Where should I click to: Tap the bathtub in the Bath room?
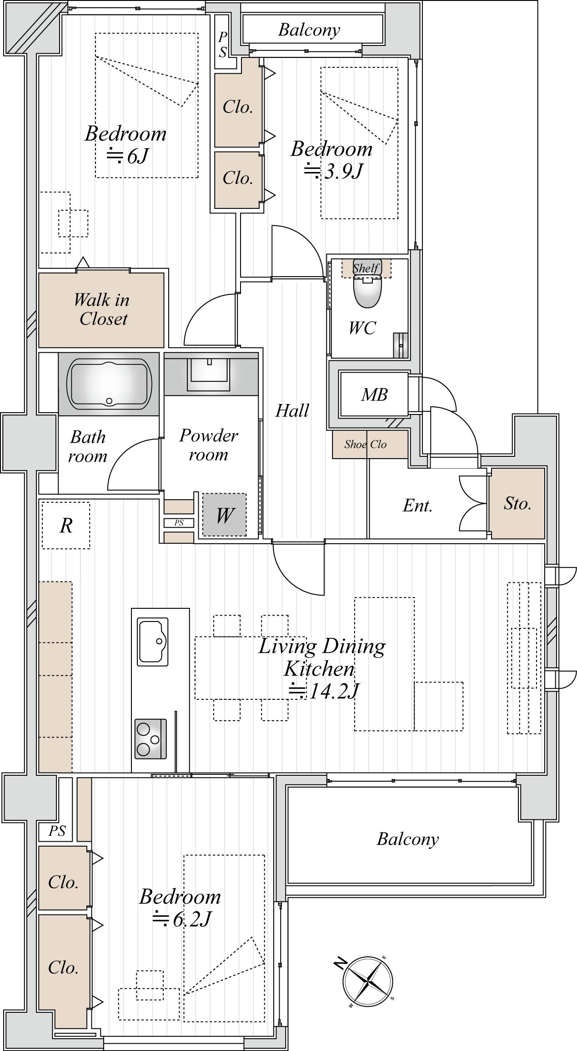coord(109,383)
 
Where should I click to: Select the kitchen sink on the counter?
coord(153,640)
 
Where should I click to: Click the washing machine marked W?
coord(225,515)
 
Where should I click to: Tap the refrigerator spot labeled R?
coord(66,525)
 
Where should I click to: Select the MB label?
coord(374,394)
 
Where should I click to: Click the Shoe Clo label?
coord(365,444)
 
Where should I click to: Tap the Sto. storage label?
coord(517,503)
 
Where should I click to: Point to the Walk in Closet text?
coord(102,309)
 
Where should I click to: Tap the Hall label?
coord(292,410)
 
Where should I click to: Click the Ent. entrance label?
coord(417,505)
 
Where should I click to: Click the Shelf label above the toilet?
coord(366,268)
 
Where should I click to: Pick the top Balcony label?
coord(309,30)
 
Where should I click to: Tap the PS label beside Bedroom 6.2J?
coord(57,831)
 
